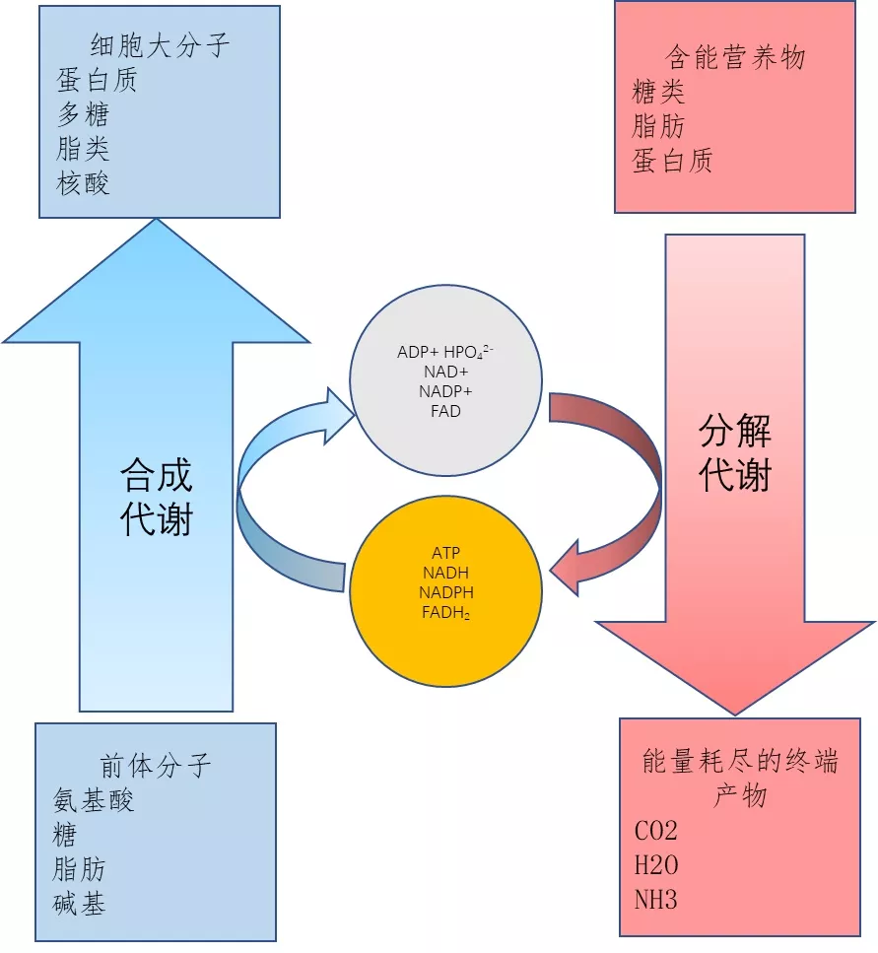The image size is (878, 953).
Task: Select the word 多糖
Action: click(x=83, y=114)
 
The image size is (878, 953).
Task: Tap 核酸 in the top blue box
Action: click(x=83, y=182)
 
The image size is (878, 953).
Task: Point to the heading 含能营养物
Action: click(x=735, y=57)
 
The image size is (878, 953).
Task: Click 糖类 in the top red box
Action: click(x=658, y=93)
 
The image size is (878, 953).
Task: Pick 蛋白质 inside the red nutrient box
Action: click(x=672, y=161)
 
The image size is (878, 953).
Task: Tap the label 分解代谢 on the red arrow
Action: click(x=735, y=453)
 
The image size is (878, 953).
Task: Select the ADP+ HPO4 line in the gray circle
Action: click(x=444, y=352)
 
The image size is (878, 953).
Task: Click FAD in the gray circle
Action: click(x=445, y=411)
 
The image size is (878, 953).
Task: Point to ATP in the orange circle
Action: click(x=446, y=553)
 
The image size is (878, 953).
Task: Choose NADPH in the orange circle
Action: click(x=446, y=592)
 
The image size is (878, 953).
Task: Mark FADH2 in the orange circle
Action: click(x=446, y=612)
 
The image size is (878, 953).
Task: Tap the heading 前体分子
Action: click(x=156, y=766)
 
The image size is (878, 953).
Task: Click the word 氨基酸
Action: click(x=94, y=800)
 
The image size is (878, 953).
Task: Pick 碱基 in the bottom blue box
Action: click(x=80, y=903)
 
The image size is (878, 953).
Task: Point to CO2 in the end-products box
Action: click(x=656, y=831)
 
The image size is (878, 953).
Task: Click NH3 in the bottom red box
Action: click(x=656, y=899)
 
